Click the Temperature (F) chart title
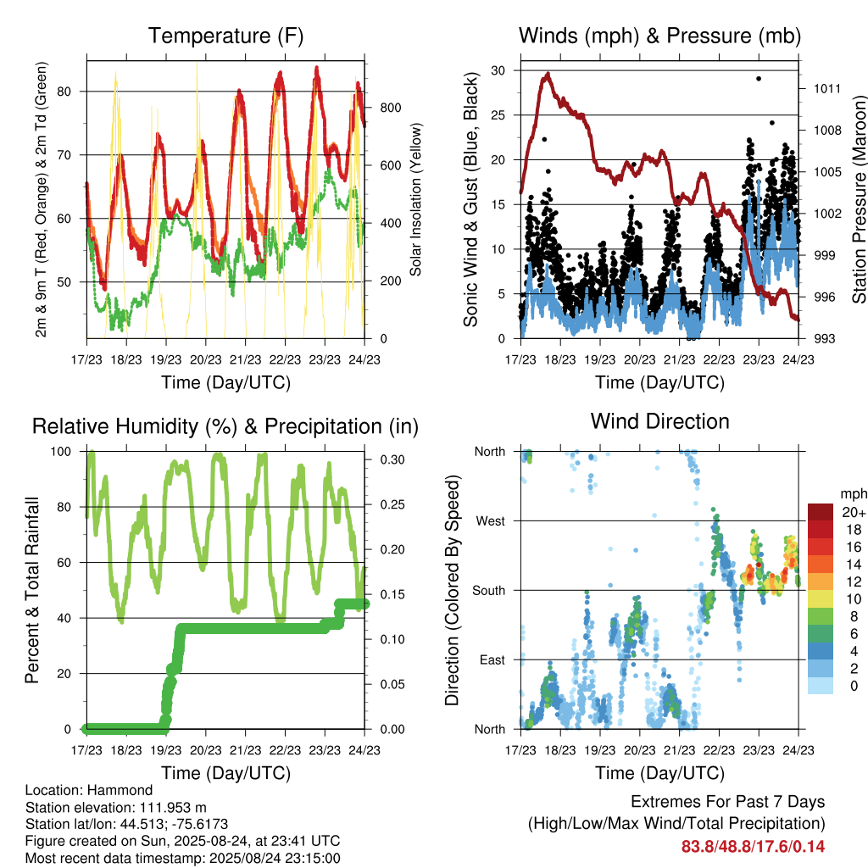[225, 36]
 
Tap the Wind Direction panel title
[659, 421]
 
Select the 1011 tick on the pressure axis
[827, 88]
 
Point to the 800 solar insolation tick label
[390, 108]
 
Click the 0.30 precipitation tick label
[392, 459]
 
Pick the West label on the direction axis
[491, 521]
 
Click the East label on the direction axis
[492, 659]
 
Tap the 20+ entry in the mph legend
[854, 512]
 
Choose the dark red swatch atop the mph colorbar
[821, 512]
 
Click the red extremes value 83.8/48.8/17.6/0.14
[753, 847]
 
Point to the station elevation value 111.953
[163, 807]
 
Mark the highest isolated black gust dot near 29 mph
[759, 79]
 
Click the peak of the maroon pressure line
[548, 74]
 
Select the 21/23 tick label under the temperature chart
[245, 359]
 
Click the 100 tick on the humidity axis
[61, 452]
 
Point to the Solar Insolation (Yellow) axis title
[415, 199]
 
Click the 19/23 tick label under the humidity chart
[166, 750]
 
